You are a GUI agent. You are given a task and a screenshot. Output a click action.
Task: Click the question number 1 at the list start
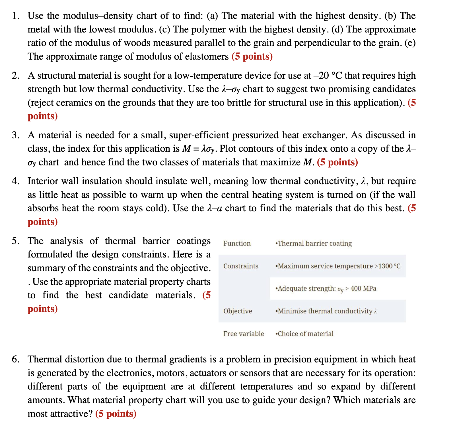15,16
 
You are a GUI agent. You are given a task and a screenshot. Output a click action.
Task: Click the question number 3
15,135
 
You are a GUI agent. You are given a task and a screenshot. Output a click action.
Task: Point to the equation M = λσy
199,149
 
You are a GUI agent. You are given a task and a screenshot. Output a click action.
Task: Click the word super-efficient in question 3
199,135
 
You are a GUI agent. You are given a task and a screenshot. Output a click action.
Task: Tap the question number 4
15,181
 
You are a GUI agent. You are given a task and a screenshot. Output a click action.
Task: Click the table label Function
237,244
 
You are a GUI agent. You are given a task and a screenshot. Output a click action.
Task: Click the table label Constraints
241,266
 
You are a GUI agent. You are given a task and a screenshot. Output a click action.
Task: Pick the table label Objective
238,311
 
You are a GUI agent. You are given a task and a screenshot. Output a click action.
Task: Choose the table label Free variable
244,334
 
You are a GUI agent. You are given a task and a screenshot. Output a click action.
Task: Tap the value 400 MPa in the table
363,289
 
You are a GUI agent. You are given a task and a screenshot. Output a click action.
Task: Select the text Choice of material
305,334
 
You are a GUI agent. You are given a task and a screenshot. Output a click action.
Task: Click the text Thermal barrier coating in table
314,244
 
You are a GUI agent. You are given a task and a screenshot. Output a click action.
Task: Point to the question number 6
15,360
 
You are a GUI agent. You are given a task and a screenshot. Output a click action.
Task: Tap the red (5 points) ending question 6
116,414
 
